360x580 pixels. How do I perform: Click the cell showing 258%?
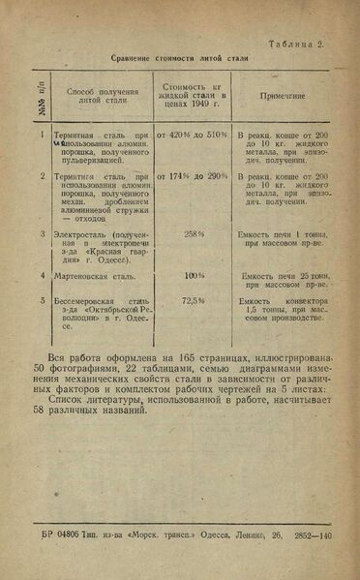[x=194, y=233]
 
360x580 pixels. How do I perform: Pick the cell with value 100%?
[x=194, y=275]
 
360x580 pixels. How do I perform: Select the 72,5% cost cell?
[x=194, y=301]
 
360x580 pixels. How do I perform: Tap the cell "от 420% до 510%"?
[x=193, y=135]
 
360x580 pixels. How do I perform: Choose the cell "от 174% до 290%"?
[x=193, y=177]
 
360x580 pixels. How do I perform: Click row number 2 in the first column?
[x=43, y=177]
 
